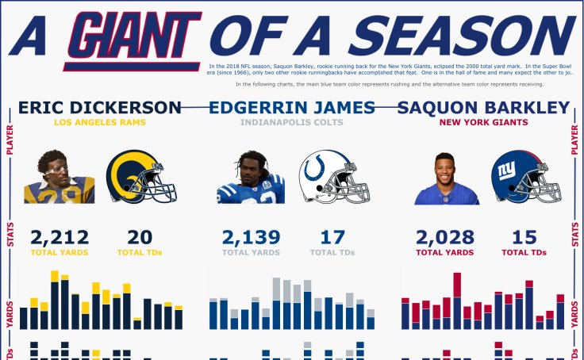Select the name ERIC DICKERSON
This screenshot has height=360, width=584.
point(100,107)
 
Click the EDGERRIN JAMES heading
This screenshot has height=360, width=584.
point(291,107)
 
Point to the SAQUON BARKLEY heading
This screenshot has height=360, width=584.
point(483,107)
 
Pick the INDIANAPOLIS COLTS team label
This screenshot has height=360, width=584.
point(291,123)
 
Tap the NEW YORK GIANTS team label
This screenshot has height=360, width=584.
point(483,123)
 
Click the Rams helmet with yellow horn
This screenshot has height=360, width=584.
point(140,177)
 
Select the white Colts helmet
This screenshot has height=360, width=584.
point(333,177)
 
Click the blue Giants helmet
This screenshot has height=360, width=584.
point(525,177)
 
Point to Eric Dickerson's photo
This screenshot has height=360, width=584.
point(59,178)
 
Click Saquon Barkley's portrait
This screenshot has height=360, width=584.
point(447,179)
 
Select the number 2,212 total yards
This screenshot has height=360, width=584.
point(60,237)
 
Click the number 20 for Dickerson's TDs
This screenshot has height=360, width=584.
point(140,237)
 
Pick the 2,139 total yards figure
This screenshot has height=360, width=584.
point(251,237)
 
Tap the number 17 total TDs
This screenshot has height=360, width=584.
point(332,237)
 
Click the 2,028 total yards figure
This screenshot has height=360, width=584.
point(445,237)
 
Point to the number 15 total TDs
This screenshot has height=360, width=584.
point(524,237)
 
